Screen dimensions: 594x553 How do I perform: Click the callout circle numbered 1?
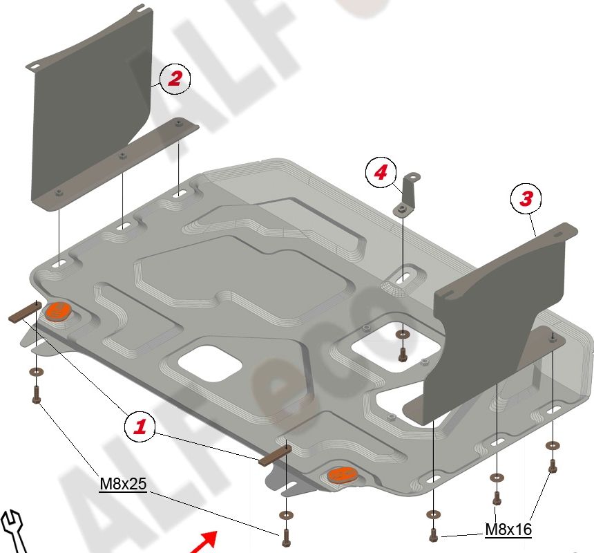(140, 427)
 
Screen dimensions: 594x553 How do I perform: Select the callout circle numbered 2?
(175, 79)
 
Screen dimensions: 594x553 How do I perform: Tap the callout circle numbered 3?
(526, 198)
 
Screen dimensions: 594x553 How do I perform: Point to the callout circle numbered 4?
(381, 172)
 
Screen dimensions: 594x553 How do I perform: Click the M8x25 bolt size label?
(123, 484)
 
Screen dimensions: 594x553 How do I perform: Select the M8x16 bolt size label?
(508, 529)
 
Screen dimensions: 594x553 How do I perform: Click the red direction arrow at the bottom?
(204, 542)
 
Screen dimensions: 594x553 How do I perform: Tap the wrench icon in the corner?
(13, 532)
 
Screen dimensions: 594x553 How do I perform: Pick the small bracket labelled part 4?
(407, 196)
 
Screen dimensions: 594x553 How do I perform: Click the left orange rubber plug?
(57, 311)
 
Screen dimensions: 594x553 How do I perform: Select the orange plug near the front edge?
(342, 475)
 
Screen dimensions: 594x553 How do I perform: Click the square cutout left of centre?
(210, 363)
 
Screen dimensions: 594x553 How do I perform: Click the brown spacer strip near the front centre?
(275, 455)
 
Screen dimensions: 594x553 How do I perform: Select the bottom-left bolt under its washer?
(37, 394)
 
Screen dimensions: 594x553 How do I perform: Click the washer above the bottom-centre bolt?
(286, 515)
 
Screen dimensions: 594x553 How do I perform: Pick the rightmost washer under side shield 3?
(553, 445)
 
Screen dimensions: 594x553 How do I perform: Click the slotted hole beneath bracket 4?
(403, 277)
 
